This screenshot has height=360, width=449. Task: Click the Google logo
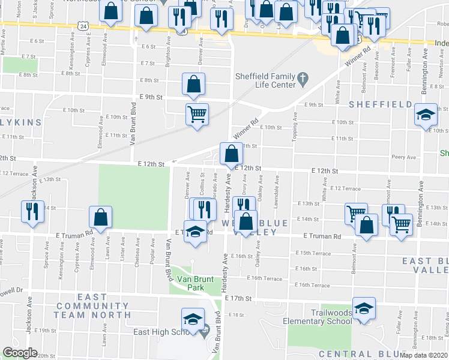20,353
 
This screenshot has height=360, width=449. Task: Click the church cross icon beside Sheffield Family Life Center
303,77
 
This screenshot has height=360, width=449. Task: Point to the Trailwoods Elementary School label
332,317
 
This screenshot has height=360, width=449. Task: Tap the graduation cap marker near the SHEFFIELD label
425,114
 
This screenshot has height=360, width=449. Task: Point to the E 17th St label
238,298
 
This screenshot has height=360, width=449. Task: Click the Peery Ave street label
400,157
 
